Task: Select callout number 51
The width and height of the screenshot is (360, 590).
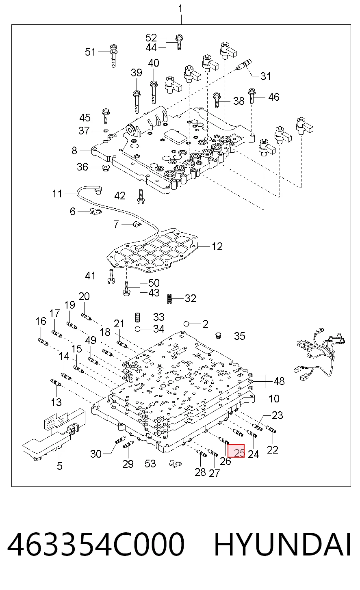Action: tap(90, 52)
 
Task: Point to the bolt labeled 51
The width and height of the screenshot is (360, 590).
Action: tap(113, 56)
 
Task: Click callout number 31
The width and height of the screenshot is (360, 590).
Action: tap(266, 76)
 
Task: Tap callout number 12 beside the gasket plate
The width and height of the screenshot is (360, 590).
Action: tap(217, 246)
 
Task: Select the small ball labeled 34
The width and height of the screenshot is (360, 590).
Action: tap(137, 329)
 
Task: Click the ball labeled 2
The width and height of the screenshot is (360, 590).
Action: tap(187, 324)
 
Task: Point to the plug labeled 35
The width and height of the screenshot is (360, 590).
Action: tap(218, 335)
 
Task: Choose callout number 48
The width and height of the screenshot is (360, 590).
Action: tap(279, 381)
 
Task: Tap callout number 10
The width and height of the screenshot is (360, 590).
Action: tap(274, 398)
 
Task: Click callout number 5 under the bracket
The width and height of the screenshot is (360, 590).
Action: tap(60, 466)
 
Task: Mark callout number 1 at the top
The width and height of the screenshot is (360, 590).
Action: tap(180, 9)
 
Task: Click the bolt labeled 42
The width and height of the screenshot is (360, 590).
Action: tap(141, 197)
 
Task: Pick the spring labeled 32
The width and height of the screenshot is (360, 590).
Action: tap(170, 299)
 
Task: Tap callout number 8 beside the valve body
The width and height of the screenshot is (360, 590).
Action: tap(74, 150)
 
